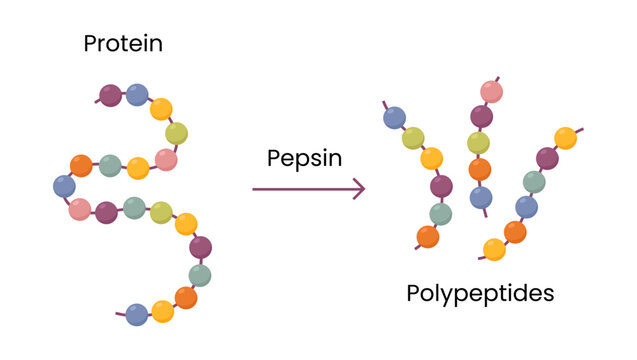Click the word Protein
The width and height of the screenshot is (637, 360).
point(123,44)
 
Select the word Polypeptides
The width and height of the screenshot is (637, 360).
point(480,294)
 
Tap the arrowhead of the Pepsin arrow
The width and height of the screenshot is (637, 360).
point(358,188)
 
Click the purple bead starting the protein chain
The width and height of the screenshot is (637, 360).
point(111,96)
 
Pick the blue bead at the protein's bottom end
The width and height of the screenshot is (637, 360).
point(138,314)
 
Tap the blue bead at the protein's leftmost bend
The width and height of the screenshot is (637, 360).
point(64,186)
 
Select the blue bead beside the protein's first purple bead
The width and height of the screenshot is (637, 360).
point(138,95)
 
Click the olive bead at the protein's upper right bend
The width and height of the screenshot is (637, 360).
point(177,133)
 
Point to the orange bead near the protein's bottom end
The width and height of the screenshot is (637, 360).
point(186,297)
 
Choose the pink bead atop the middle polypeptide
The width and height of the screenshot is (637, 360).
point(491,92)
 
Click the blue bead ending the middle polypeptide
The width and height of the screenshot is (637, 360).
point(482,197)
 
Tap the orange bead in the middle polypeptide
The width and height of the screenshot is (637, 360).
point(481,170)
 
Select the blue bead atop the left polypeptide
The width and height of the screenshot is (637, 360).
point(395,118)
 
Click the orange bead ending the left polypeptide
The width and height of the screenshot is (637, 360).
point(428,237)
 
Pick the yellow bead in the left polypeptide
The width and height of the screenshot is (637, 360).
point(432,159)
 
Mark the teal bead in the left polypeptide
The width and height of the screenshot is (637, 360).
point(441,213)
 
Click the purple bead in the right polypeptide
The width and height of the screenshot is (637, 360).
point(547,158)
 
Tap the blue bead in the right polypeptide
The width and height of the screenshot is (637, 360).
point(525,206)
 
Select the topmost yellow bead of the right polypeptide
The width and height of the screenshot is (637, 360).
point(566,138)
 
